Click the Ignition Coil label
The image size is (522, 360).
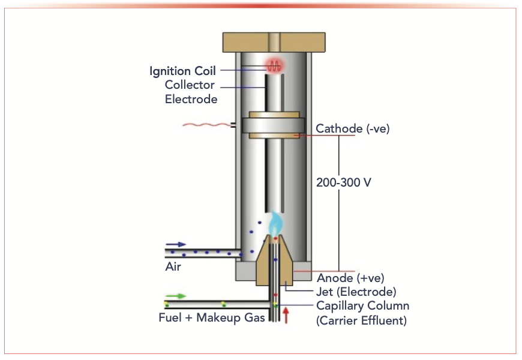pyautogui.click(x=182, y=71)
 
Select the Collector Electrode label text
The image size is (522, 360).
pyautogui.click(x=191, y=92)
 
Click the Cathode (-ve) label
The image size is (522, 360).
pyautogui.click(x=352, y=128)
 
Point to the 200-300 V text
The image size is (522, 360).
pyautogui.click(x=344, y=182)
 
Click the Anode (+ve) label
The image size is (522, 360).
pyautogui.click(x=350, y=278)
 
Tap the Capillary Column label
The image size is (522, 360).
pyautogui.click(x=362, y=306)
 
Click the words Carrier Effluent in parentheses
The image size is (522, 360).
pyautogui.click(x=361, y=320)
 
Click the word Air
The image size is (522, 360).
pyautogui.click(x=173, y=267)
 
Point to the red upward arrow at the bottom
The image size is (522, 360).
pyautogui.click(x=286, y=314)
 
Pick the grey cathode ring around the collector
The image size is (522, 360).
pyautogui.click(x=274, y=127)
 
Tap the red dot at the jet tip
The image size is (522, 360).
pyautogui.click(x=275, y=239)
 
